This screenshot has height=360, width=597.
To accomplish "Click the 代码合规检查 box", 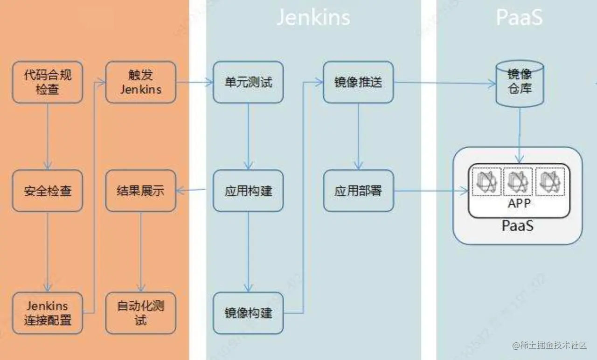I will pyautogui.click(x=48, y=82).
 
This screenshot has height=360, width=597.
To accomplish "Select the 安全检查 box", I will pyautogui.click(x=48, y=191).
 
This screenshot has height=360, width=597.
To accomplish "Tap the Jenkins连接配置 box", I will pyautogui.click(x=48, y=313).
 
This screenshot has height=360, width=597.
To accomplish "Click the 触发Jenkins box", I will pyautogui.click(x=141, y=82).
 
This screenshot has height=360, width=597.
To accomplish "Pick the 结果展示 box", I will pyautogui.click(x=141, y=191).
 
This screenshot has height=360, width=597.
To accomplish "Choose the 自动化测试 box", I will pyautogui.click(x=141, y=313).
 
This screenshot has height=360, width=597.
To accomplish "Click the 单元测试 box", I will pyautogui.click(x=248, y=82).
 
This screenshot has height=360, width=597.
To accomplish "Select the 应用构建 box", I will pyautogui.click(x=248, y=191).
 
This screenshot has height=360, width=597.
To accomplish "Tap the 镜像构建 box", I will pyautogui.click(x=248, y=313).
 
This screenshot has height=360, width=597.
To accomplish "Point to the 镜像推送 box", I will pyautogui.click(x=358, y=82).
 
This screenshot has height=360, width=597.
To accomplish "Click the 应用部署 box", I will pyautogui.click(x=358, y=191).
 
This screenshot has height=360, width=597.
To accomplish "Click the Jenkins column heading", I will pyautogui.click(x=313, y=18).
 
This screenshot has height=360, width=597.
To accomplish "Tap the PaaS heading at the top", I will pyautogui.click(x=519, y=18).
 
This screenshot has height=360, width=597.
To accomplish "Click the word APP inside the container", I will pyautogui.click(x=519, y=204).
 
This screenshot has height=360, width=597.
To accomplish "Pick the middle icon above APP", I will pyautogui.click(x=519, y=182).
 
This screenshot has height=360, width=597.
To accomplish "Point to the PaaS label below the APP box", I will pyautogui.click(x=518, y=226).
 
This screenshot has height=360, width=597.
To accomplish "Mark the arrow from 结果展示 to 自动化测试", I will pyautogui.click(x=141, y=252).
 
